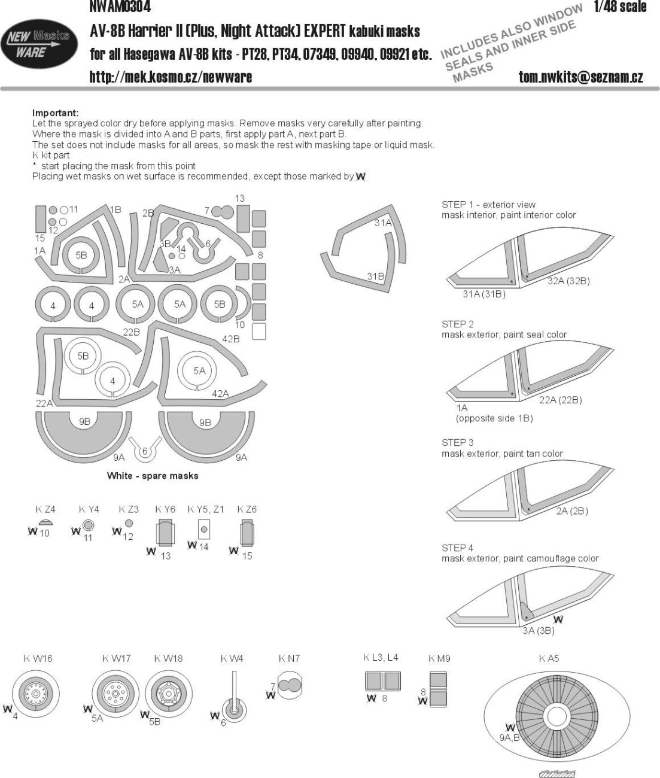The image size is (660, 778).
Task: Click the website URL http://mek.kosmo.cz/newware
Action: click(171, 77)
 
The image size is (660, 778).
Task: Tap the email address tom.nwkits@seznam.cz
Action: click(580, 77)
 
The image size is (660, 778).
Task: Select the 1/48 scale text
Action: click(620, 7)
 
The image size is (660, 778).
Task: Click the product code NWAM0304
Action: click(120, 7)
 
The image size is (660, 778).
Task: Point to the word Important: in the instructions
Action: click(55, 113)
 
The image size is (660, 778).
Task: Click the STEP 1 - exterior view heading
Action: click(488, 205)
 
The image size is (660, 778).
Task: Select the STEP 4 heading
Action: click(457, 548)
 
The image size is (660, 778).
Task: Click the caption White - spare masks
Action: click(153, 476)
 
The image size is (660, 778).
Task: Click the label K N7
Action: click(289, 658)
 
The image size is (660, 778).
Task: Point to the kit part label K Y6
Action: click(165, 509)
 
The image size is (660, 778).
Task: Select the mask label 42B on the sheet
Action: click(230, 339)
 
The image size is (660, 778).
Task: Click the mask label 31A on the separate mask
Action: click(382, 223)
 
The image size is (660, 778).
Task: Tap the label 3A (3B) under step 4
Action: click(537, 630)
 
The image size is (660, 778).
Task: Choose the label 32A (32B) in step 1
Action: click(568, 281)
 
